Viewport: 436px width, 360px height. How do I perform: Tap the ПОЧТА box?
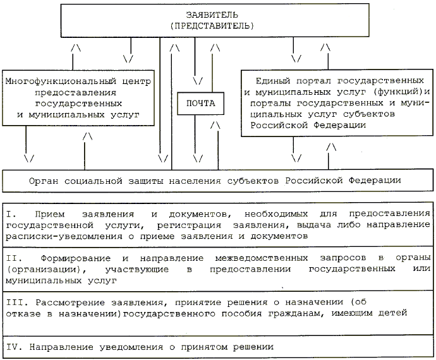point(201,102)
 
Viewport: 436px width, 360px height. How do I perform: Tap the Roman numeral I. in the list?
point(11,214)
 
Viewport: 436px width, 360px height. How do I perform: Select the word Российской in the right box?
point(276,124)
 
